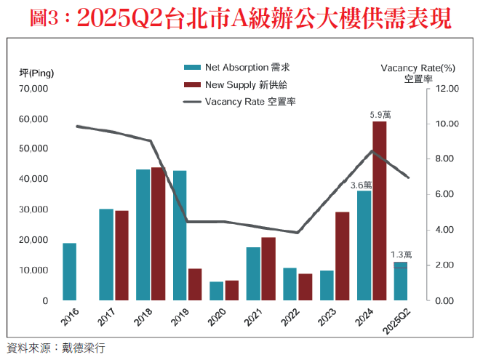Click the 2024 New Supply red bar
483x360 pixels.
(x=379, y=211)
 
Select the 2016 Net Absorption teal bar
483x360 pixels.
(x=69, y=271)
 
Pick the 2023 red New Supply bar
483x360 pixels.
(x=342, y=256)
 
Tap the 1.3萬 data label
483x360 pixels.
(x=401, y=255)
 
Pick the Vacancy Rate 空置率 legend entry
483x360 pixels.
(x=240, y=101)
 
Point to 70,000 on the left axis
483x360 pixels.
(x=34, y=89)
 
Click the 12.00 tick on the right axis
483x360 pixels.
(x=448, y=89)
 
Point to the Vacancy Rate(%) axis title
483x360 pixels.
(x=418, y=68)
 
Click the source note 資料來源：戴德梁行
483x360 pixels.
(x=56, y=348)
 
